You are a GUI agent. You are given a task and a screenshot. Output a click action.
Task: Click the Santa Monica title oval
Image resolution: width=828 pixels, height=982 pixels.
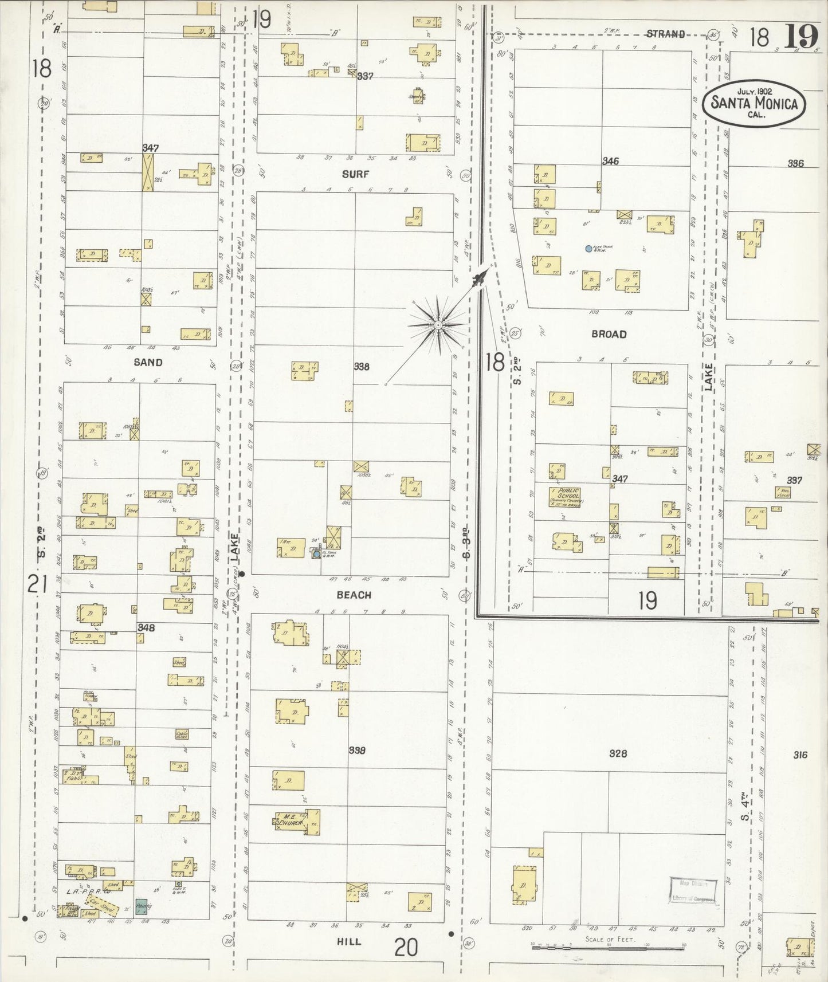[x=754, y=103]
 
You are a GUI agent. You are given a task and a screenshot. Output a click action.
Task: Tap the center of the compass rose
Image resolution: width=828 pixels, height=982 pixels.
[x=437, y=325]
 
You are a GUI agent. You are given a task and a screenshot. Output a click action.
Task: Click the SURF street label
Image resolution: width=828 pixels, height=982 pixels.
[x=355, y=174]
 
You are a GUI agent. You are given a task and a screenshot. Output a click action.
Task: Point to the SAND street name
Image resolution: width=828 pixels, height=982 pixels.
[x=148, y=362]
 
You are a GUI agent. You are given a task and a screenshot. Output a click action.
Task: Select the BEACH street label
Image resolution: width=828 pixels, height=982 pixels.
[x=354, y=595]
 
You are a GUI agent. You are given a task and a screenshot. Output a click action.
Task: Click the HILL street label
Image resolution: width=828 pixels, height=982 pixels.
[x=349, y=941]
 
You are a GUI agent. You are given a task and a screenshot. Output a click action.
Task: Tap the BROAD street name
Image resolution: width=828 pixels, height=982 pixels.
[x=609, y=334]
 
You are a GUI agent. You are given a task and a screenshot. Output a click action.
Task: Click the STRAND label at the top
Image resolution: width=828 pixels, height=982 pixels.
[x=665, y=34]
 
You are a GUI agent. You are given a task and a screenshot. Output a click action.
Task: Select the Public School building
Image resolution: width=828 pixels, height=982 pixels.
[x=566, y=497]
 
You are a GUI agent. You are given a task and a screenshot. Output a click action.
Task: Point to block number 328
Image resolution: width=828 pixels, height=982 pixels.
[x=618, y=753]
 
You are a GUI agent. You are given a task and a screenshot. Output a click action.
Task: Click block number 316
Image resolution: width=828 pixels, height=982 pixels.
[x=800, y=755]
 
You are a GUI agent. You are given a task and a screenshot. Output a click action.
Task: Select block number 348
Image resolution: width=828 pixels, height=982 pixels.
[x=146, y=628]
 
